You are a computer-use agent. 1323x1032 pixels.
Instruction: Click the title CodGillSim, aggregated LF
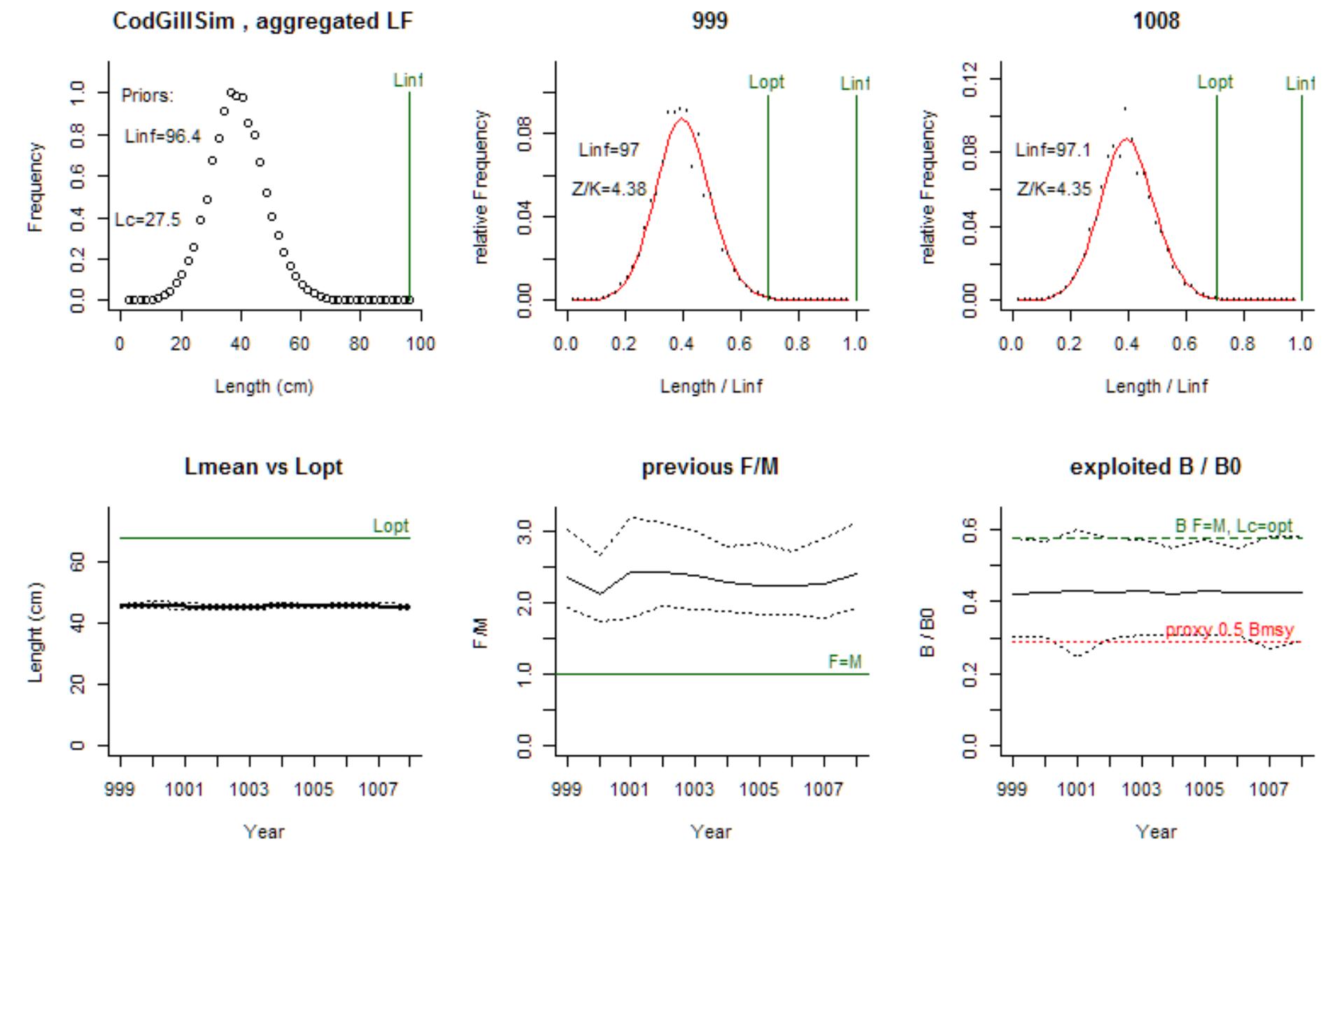(x=262, y=22)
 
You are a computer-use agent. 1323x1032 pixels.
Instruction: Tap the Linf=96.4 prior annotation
(x=162, y=137)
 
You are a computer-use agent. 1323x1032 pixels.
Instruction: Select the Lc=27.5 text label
(x=148, y=220)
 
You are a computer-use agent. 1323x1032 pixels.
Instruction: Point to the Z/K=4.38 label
(x=609, y=189)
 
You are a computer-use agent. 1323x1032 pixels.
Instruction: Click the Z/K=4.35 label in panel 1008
(x=1054, y=189)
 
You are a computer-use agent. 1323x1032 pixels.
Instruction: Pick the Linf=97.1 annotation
(x=1053, y=150)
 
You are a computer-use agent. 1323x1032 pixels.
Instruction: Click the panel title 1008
(x=1156, y=21)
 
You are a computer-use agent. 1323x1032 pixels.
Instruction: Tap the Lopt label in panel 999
(x=766, y=82)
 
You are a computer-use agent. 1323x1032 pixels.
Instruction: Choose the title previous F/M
(x=709, y=467)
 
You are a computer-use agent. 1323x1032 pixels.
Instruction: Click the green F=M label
(x=844, y=662)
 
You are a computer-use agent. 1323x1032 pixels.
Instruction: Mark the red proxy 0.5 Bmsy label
(x=1229, y=630)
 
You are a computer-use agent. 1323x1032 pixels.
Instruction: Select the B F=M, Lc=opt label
(x=1233, y=526)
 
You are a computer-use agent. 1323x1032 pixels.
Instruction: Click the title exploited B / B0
(x=1155, y=467)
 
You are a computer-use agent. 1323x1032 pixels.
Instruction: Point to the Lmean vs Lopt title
(x=263, y=467)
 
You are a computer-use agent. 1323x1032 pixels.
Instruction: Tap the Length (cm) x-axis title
(x=264, y=386)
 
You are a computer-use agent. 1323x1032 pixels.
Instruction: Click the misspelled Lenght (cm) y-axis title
(x=36, y=632)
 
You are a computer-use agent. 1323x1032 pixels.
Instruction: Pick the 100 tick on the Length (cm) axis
(x=420, y=344)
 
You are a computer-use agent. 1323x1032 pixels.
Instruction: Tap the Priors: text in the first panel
(x=147, y=96)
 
